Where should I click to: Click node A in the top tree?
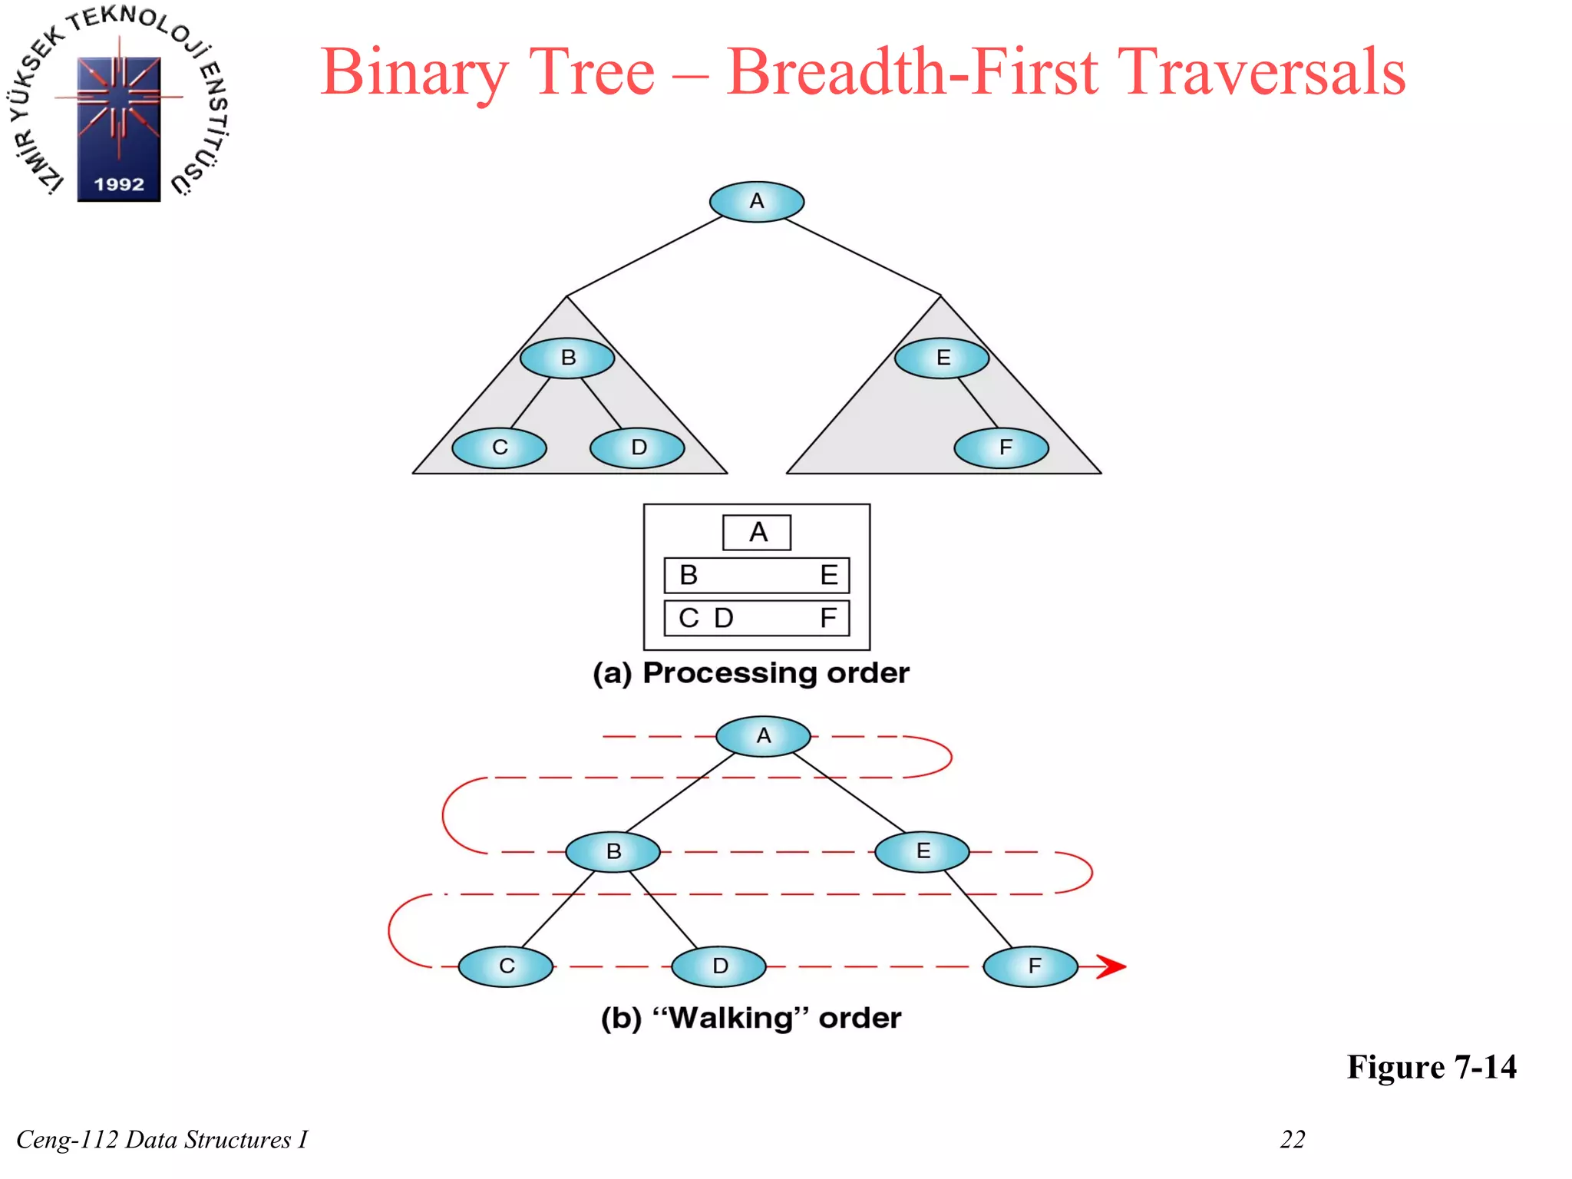[757, 202]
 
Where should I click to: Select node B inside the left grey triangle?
[567, 358]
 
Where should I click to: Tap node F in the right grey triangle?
[1002, 447]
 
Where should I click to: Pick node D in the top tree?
[637, 447]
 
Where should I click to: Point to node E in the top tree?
[942, 358]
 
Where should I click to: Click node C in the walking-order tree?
[506, 966]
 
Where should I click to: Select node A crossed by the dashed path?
[763, 736]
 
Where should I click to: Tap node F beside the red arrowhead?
[1031, 966]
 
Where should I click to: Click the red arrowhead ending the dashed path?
[1111, 966]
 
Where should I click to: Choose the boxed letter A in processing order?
[758, 532]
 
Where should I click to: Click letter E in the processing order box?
[828, 575]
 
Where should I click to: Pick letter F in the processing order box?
[827, 618]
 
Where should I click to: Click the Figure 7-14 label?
[1432, 1067]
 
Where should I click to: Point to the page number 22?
[1293, 1139]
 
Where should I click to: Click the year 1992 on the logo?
[119, 184]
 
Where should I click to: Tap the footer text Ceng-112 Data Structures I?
[162, 1139]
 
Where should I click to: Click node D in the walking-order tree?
[719, 966]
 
